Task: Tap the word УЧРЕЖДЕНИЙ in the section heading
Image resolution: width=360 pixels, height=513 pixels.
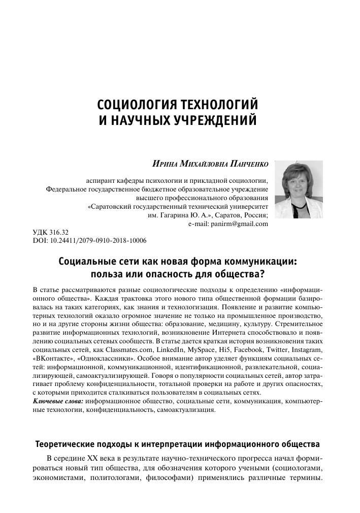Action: [x=218, y=121]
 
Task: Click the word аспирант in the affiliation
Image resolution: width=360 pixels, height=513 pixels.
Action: [x=102, y=179]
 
